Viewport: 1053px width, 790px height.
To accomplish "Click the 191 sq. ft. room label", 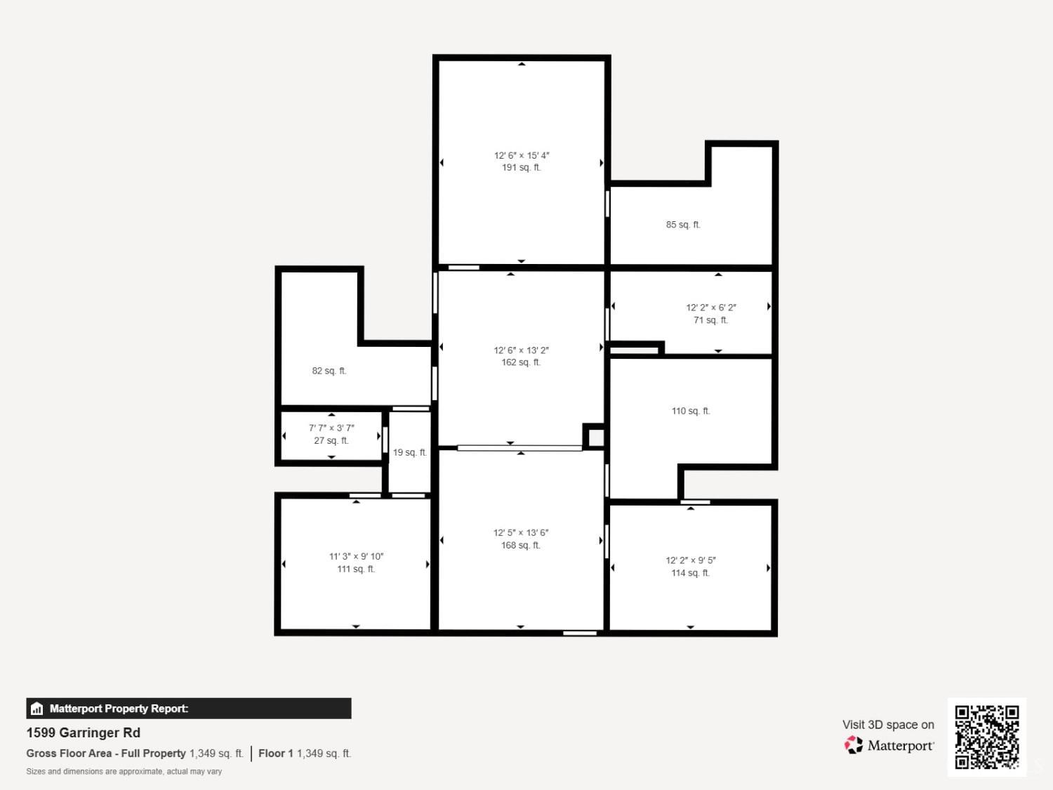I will pyautogui.click(x=521, y=168).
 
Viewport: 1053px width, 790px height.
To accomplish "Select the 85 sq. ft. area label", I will pyautogui.click(x=683, y=225).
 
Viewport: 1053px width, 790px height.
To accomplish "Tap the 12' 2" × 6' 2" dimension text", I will pyautogui.click(x=710, y=308).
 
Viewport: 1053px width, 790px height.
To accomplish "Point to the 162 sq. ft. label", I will pyautogui.click(x=521, y=362).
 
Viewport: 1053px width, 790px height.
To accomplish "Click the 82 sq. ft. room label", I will pyautogui.click(x=329, y=371).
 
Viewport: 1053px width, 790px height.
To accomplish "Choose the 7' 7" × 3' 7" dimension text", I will pyautogui.click(x=331, y=428).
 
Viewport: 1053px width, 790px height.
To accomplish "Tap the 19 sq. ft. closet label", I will pyautogui.click(x=409, y=453).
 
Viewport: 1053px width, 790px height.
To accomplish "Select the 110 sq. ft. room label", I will pyautogui.click(x=691, y=411).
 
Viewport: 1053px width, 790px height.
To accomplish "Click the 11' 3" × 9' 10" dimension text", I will pyautogui.click(x=356, y=556).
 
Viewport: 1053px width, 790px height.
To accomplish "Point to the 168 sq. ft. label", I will pyautogui.click(x=521, y=546).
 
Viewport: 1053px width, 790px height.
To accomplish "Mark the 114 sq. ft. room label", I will pyautogui.click(x=690, y=573).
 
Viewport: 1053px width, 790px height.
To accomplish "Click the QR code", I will pyautogui.click(x=986, y=737).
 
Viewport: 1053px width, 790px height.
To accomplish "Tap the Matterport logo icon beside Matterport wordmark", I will pyautogui.click(x=854, y=745).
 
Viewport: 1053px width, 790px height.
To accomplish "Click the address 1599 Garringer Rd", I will pyautogui.click(x=84, y=732).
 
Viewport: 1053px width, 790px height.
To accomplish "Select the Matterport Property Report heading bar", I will pyautogui.click(x=189, y=709).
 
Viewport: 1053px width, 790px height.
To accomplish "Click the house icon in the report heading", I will pyautogui.click(x=37, y=709).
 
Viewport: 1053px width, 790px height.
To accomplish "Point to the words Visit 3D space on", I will pyautogui.click(x=888, y=725).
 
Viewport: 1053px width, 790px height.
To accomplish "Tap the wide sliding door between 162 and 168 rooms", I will pyautogui.click(x=519, y=448).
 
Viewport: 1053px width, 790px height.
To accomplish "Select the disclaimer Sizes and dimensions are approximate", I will pyautogui.click(x=124, y=771).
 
